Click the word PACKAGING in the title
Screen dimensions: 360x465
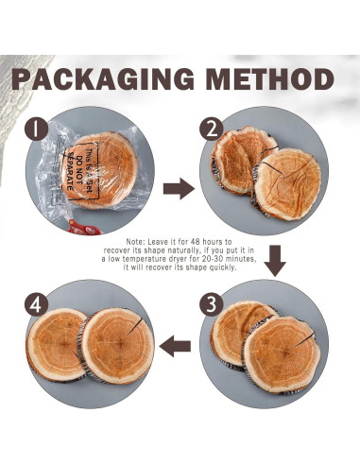coord(103,78)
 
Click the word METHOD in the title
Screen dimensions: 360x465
coord(270,78)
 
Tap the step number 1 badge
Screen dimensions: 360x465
coord(37,129)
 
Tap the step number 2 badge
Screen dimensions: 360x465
coord(212,129)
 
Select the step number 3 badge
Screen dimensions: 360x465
coord(212,304)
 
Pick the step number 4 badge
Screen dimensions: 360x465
coord(37,304)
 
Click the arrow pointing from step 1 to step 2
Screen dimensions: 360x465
coord(179,188)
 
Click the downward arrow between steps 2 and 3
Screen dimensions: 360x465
coord(275,261)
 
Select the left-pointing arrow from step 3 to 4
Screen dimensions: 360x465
coord(175,346)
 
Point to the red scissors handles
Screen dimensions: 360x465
coord(84,227)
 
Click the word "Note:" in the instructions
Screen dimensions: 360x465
coord(136,242)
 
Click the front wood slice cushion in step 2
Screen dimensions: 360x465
coord(286,184)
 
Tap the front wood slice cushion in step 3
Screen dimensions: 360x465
coord(281,354)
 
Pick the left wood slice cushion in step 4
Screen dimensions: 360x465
coord(57,345)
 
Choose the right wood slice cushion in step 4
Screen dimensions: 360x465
coord(116,346)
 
